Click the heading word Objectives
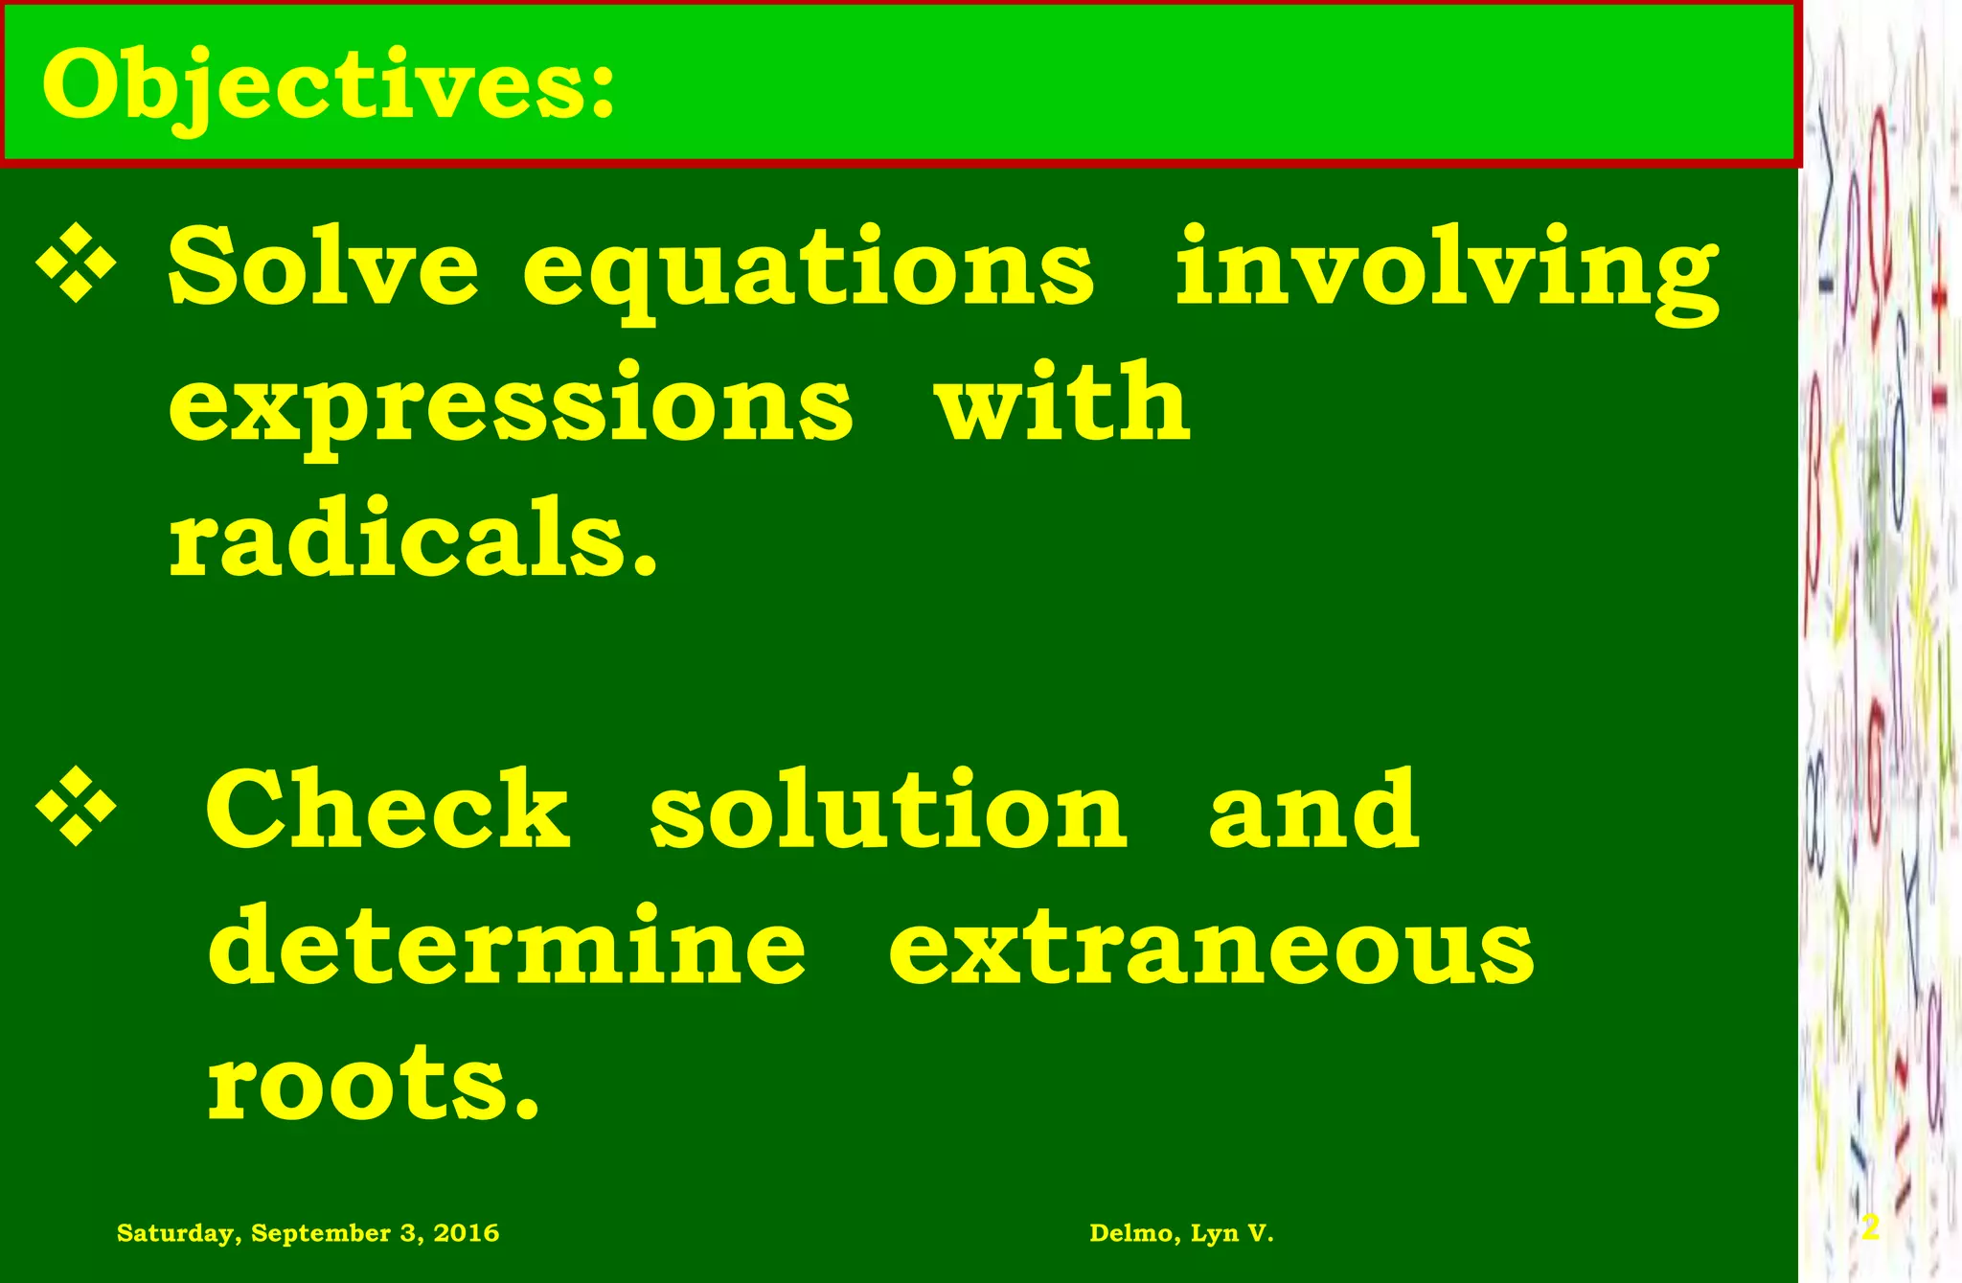tap(328, 86)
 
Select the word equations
tap(808, 270)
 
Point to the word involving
tap(1447, 270)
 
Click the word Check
tap(388, 810)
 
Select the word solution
tap(888, 810)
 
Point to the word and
tap(1313, 810)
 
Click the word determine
tap(507, 946)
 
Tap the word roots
tap(374, 1083)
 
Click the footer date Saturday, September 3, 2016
tap(308, 1233)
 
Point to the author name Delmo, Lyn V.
tap(1181, 1233)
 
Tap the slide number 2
tap(1870, 1228)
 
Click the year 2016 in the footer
tap(466, 1233)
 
